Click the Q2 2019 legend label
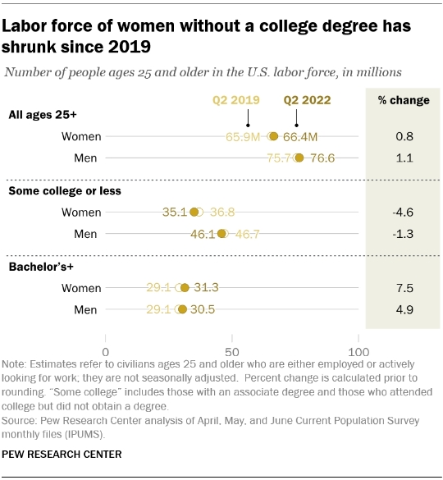click(236, 101)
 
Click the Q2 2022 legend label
click(308, 101)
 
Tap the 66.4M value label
click(301, 136)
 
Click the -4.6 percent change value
click(403, 213)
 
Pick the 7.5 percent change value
click(403, 288)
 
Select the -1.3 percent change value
click(403, 234)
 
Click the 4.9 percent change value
click(403, 309)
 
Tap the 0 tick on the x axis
click(107, 339)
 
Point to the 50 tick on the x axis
click(232, 339)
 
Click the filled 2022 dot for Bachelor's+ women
click(185, 288)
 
